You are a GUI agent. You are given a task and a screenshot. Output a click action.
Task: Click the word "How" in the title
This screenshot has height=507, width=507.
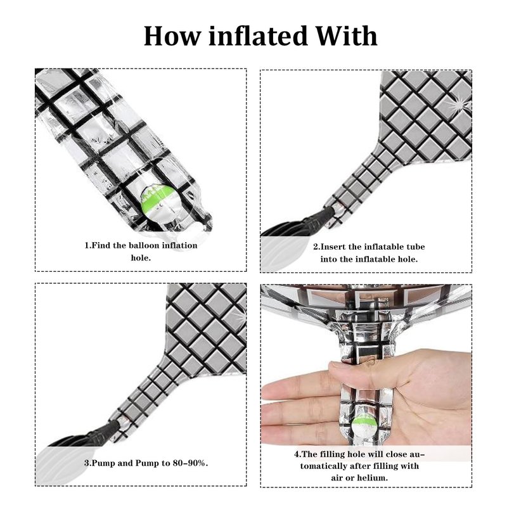(172, 35)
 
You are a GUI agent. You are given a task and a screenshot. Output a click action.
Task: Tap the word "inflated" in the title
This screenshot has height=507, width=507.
(258, 35)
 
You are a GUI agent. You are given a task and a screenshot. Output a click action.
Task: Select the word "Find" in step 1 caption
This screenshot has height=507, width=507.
(101, 245)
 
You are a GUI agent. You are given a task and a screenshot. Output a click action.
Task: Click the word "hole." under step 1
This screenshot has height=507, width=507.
(141, 258)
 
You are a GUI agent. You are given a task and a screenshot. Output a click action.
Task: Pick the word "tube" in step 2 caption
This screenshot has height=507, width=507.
(416, 247)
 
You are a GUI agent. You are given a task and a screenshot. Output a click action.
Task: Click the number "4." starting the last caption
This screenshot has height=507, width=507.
(297, 454)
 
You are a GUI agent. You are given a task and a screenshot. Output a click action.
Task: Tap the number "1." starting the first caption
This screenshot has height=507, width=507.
(88, 245)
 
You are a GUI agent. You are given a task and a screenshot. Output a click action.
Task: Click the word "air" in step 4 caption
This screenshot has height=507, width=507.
(337, 478)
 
